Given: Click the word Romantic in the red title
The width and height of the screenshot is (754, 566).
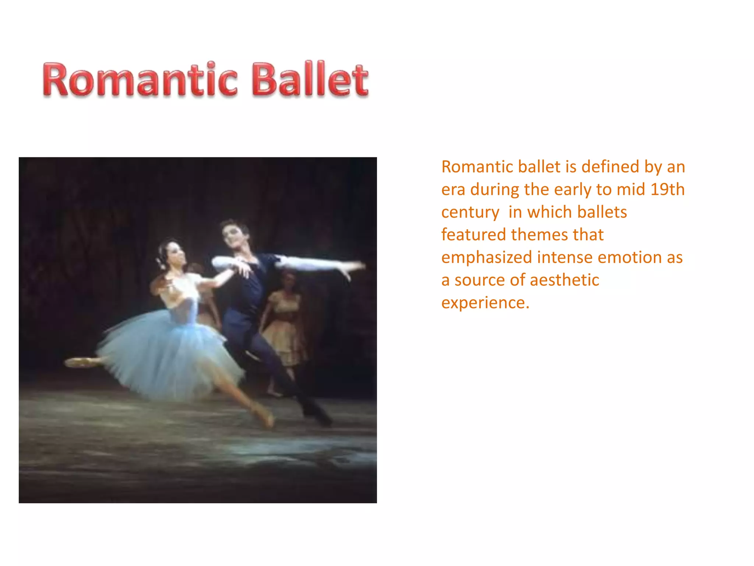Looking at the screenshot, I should [140, 80].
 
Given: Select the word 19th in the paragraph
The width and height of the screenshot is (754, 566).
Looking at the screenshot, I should [667, 189].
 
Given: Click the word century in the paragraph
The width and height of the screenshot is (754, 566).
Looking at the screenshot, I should [470, 212].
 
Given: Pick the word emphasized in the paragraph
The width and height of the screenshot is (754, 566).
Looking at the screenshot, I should [486, 257].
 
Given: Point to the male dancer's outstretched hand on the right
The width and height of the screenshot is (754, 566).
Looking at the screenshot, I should [353, 267].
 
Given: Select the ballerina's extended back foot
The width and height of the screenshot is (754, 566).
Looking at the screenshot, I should [79, 362].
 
